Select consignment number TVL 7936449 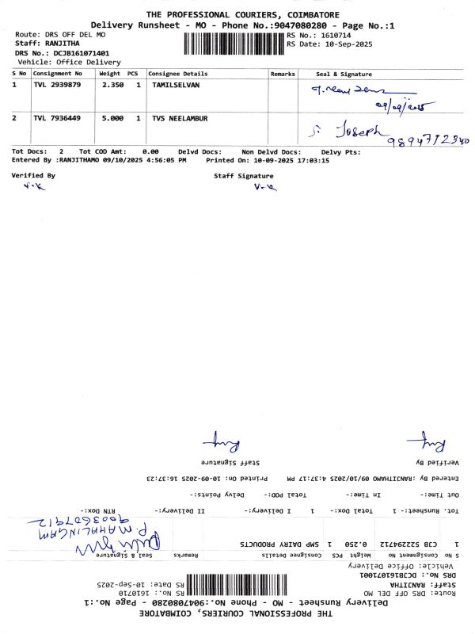pos(57,118)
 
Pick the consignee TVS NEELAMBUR pos(180,118)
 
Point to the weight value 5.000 pos(111,118)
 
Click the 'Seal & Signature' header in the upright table pos(344,73)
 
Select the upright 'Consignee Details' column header pos(178,73)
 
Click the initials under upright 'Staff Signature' pos(263,188)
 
